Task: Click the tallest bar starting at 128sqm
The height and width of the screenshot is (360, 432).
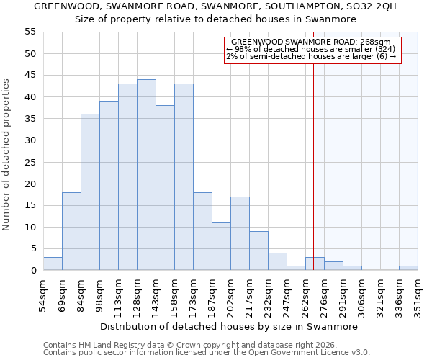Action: tap(146, 175)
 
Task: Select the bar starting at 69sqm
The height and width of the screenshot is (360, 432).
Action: tap(71, 231)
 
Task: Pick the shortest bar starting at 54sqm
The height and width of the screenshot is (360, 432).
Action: tap(53, 264)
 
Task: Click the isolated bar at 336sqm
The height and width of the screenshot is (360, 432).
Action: tap(408, 268)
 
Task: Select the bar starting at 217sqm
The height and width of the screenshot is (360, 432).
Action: tap(258, 251)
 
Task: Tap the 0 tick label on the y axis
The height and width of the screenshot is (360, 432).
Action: tap(32, 271)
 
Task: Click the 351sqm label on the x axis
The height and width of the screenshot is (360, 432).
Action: tap(418, 299)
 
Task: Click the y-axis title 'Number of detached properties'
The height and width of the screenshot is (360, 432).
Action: tap(7, 155)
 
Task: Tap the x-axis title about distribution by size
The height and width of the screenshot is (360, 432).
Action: tap(229, 326)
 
